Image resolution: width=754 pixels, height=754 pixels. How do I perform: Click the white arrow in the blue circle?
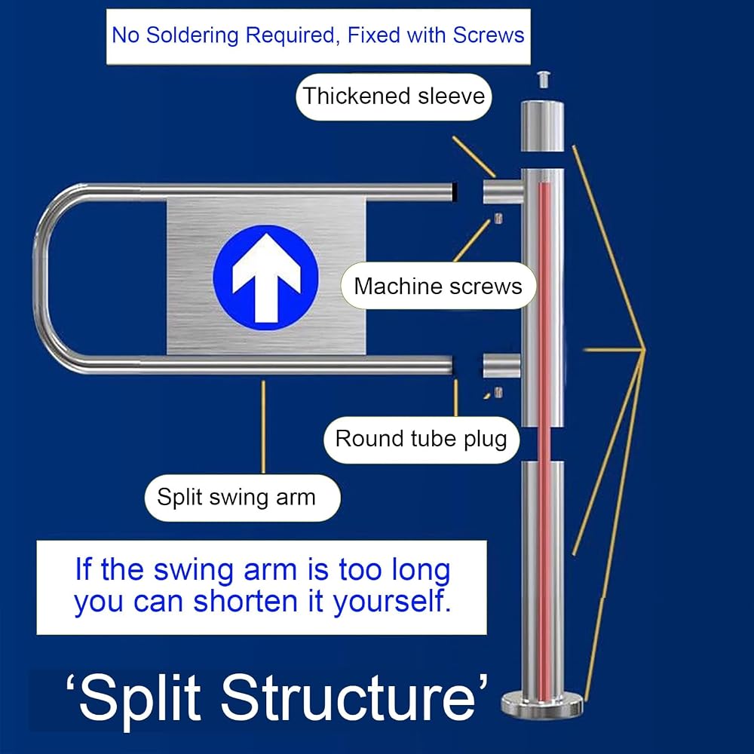266,278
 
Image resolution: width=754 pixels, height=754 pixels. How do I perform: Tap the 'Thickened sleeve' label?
394,97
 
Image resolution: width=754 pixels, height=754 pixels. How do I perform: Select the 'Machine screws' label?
438,286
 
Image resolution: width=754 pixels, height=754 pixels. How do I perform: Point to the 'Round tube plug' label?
421,440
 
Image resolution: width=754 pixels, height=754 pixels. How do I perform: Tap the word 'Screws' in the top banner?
489,35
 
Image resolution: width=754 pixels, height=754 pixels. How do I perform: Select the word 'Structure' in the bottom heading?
348,697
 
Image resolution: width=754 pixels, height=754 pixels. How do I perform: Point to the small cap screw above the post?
544,79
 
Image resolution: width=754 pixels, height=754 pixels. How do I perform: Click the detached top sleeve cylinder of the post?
542,126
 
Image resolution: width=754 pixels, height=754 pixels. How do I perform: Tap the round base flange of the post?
542,703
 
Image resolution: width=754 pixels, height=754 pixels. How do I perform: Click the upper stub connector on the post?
503,192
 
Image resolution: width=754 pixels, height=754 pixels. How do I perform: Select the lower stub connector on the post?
502,366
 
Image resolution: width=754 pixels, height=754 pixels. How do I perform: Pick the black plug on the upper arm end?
455,192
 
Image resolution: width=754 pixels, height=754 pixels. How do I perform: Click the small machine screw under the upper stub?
498,219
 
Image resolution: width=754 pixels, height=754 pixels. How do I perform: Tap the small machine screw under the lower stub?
498,392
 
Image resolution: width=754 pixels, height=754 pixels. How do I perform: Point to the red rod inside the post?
544,441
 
